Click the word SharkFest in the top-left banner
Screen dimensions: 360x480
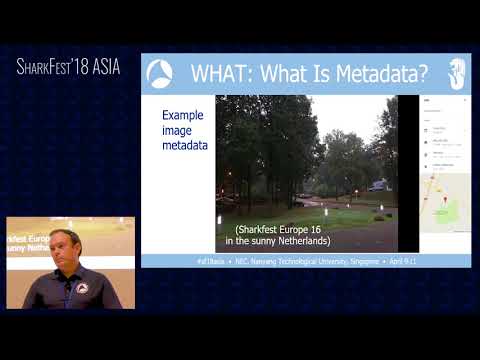(51, 67)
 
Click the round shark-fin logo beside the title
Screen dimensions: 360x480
(160, 74)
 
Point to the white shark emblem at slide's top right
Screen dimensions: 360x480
(456, 73)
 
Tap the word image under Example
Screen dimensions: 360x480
(178, 131)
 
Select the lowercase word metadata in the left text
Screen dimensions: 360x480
(185, 146)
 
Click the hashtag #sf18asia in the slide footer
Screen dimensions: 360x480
(212, 260)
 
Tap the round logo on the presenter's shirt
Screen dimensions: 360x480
(83, 289)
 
